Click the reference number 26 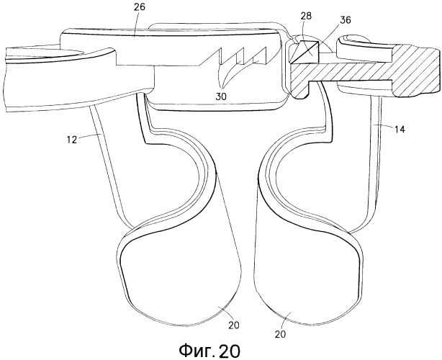click(139, 6)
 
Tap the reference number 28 click(306, 16)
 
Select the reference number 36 click(345, 20)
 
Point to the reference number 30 click(221, 96)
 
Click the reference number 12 click(72, 139)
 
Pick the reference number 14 click(399, 130)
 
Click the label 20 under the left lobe click(233, 325)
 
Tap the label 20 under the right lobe click(280, 334)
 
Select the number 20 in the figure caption click(229, 351)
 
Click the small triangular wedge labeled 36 click(305, 52)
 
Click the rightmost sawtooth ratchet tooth click(259, 54)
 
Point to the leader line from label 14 click(385, 126)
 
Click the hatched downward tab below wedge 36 click(299, 89)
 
